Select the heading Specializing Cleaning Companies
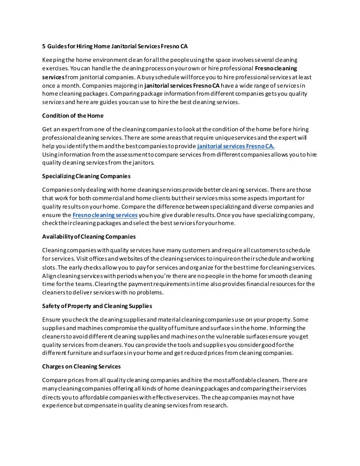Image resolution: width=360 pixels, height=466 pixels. [86, 176]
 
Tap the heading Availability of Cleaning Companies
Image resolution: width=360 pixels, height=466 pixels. [89, 236]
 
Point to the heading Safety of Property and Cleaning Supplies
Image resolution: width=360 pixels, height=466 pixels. [97, 306]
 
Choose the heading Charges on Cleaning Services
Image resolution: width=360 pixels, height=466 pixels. [81, 366]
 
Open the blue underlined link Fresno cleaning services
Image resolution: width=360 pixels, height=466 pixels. [105, 214]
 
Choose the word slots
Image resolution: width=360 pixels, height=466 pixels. [49, 267]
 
